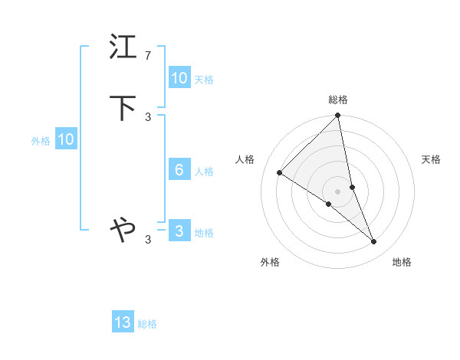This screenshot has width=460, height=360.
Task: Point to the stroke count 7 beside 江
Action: coord(148,56)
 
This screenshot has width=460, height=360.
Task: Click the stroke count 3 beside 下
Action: coord(148,117)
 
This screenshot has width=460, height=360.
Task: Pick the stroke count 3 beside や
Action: coord(148,240)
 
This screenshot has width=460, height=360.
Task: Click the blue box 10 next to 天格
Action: coord(179,78)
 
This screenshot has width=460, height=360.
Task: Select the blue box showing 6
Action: coord(179,170)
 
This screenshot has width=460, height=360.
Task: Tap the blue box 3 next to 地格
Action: coord(179,231)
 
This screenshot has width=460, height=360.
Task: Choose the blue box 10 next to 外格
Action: coord(66,139)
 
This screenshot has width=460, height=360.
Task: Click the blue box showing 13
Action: coord(123,323)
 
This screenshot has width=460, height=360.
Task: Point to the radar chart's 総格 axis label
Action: coord(338,100)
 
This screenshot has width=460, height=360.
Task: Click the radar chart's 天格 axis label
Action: coord(431,159)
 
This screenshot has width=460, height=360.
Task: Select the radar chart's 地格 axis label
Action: coord(402,262)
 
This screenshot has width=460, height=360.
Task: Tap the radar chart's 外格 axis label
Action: coord(270,262)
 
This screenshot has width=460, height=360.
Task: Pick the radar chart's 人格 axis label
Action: coord(245,159)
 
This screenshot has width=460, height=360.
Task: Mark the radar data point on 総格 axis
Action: coord(338,116)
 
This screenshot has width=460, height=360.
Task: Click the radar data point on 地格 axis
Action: coord(374,241)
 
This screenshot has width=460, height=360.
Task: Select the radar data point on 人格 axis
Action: coord(280,172)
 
